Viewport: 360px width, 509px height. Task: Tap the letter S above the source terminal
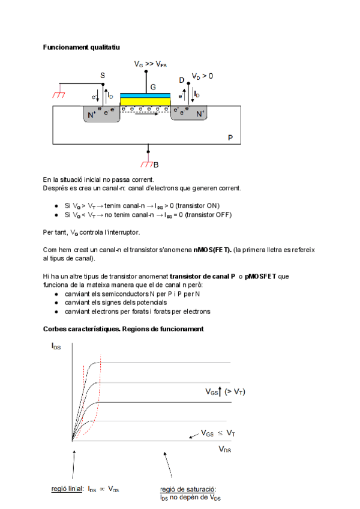coord(102,76)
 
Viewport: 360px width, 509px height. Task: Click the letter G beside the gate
coord(153,86)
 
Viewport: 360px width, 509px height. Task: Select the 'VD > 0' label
coord(202,76)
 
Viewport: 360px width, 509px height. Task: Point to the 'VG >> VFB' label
coord(151,63)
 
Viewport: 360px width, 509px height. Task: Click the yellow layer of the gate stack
coord(145,101)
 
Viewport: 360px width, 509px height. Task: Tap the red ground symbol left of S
coord(58,94)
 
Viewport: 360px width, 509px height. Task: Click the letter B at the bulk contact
coord(156,164)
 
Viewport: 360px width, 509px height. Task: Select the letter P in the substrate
coord(230,138)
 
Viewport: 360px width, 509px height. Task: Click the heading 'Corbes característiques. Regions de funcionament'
coord(124,329)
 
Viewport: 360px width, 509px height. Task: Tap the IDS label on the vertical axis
coord(56,346)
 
